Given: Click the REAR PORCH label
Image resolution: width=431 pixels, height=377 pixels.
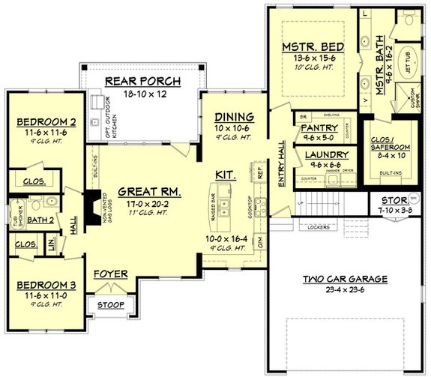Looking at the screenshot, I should pos(140,81).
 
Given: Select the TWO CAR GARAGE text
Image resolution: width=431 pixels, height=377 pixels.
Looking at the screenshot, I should pos(346,279).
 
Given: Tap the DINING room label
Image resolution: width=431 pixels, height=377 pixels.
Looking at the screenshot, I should pos(235,117).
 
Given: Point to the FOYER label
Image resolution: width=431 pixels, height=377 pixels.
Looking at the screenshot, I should pos(110,274).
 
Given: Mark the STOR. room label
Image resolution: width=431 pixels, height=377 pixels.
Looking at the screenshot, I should pos(388,200).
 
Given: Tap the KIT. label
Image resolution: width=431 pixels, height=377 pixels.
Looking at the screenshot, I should pos(226,175).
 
